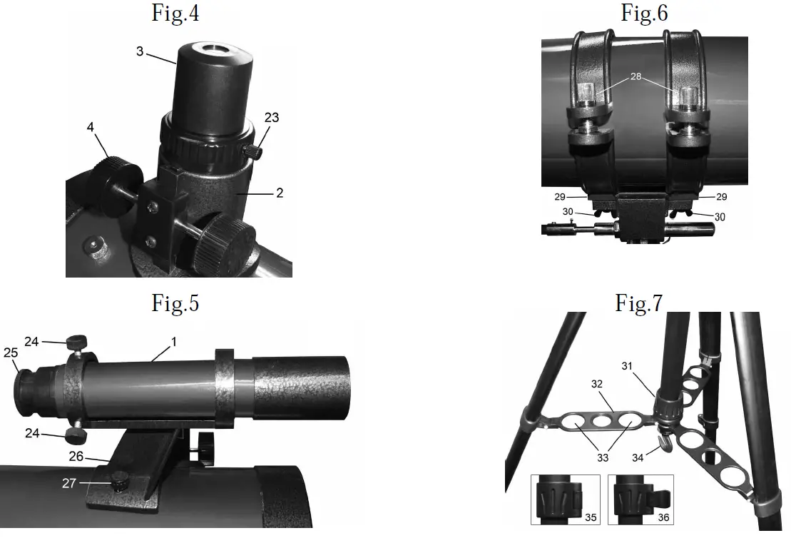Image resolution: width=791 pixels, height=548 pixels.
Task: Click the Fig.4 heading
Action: [x=175, y=14]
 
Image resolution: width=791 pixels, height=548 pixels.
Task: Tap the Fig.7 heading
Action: [x=639, y=303]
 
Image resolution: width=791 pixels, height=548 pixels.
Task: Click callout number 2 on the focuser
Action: [x=280, y=193]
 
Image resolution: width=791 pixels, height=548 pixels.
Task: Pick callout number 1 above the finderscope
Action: [x=172, y=342]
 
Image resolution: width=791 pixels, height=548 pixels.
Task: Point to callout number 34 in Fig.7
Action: [x=638, y=457]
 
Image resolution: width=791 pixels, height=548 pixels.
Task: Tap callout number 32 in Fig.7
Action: [x=597, y=384]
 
